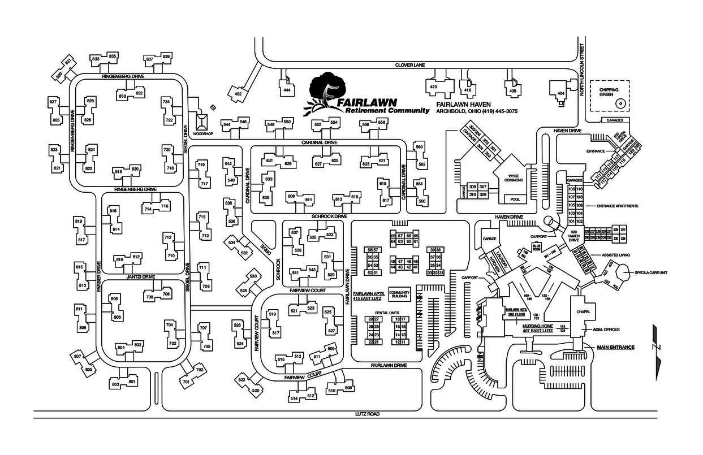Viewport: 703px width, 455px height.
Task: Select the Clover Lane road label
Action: coord(410,65)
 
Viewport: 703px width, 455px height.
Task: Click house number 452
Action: coord(238,94)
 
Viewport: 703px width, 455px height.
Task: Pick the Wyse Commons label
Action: coord(514,177)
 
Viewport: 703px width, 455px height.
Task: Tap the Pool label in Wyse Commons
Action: coord(515,199)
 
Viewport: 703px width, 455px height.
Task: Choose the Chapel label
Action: coord(584,312)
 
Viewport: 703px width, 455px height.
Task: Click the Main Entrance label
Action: coord(616,347)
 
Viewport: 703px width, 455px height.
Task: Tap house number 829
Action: coord(59,75)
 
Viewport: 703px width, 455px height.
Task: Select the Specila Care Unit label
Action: coord(651,272)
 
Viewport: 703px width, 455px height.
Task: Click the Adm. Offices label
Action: coord(606,330)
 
